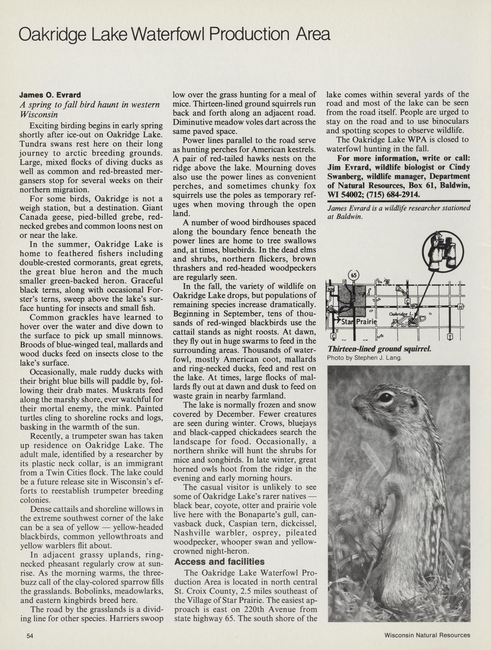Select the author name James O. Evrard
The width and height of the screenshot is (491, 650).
pyautogui.click(x=50, y=95)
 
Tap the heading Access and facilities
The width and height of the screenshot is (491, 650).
pyautogui.click(x=219, y=561)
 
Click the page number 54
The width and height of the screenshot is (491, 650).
pyautogui.click(x=30, y=635)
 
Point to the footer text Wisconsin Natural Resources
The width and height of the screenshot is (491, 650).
pyautogui.click(x=427, y=635)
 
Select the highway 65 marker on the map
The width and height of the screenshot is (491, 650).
pyautogui.click(x=353, y=275)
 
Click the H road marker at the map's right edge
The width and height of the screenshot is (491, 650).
pyautogui.click(x=460, y=307)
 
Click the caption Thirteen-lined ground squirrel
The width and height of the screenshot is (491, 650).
pyautogui.click(x=379, y=349)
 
